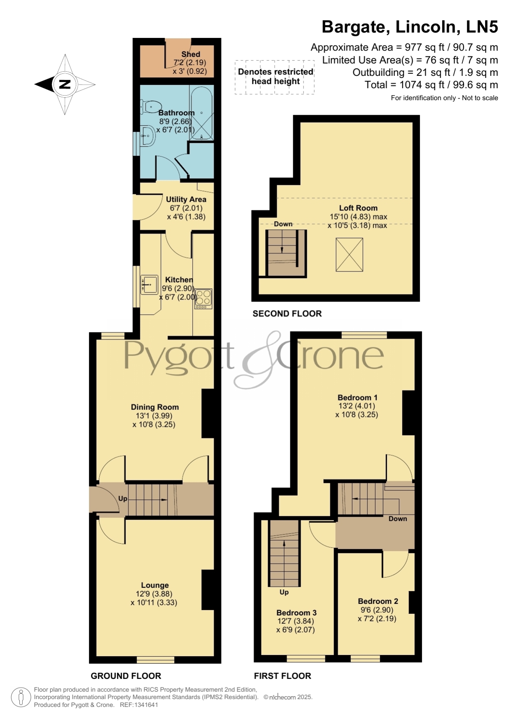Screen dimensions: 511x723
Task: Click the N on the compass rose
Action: click(x=65, y=84)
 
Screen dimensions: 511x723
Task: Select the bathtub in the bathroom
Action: click(x=201, y=112)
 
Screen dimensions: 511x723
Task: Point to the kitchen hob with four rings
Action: click(x=203, y=299)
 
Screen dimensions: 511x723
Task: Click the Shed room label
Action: click(x=191, y=54)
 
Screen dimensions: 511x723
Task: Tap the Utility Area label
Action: click(x=186, y=199)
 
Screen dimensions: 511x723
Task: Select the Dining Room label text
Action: click(x=155, y=407)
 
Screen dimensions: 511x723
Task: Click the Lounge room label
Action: click(x=155, y=585)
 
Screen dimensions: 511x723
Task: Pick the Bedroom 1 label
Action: click(x=357, y=398)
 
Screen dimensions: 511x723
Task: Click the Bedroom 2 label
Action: click(x=378, y=601)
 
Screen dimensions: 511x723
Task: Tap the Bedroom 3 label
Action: click(x=296, y=613)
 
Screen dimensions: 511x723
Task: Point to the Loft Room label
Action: click(x=358, y=208)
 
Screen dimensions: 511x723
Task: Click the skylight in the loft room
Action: click(x=349, y=255)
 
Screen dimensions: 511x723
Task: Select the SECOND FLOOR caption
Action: click(x=287, y=314)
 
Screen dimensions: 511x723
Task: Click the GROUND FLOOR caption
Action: click(x=126, y=676)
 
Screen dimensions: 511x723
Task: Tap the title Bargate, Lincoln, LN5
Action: click(x=410, y=27)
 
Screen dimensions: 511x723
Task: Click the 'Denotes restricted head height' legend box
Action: click(x=275, y=77)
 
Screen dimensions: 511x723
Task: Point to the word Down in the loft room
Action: click(x=283, y=224)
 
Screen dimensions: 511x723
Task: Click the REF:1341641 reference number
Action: click(x=139, y=705)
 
